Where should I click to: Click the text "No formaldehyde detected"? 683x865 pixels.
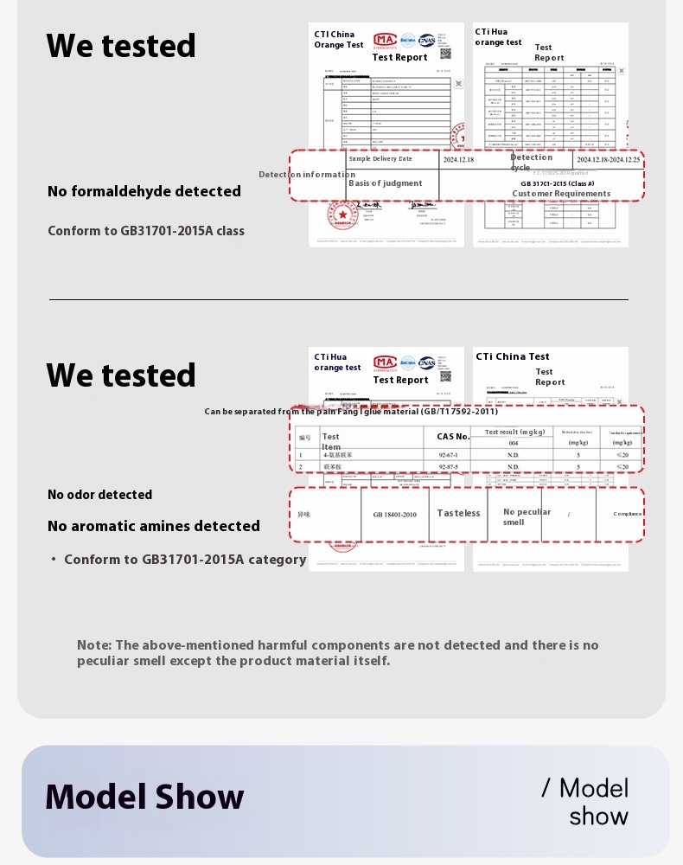tap(144, 191)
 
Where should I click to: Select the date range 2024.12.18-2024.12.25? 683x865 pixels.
tap(609, 160)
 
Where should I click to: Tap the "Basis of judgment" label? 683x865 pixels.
tap(386, 183)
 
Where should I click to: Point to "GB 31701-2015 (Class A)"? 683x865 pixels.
tap(558, 183)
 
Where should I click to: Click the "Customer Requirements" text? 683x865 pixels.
tap(561, 194)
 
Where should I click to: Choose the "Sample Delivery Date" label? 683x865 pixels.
tap(380, 159)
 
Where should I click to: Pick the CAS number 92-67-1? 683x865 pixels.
tap(448, 454)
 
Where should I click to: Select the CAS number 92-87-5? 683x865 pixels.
tap(448, 467)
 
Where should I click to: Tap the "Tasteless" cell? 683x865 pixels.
tap(458, 513)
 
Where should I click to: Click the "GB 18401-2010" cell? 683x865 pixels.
tap(395, 515)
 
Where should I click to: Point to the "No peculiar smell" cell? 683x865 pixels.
tap(527, 516)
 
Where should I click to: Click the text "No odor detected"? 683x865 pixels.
tap(99, 495)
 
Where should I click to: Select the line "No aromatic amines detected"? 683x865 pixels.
tap(154, 526)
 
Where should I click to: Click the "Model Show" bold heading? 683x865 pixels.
tap(144, 797)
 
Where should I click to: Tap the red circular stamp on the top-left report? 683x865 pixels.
tap(343, 214)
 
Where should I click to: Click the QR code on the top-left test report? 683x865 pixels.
tap(445, 54)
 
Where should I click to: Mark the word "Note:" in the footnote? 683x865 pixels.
tap(94, 645)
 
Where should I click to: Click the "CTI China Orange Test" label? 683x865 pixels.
tap(339, 40)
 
